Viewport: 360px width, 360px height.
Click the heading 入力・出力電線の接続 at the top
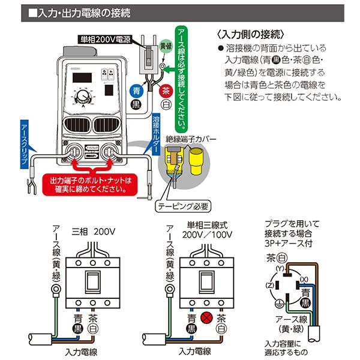90,12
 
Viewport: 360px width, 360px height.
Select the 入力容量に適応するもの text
287,347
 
